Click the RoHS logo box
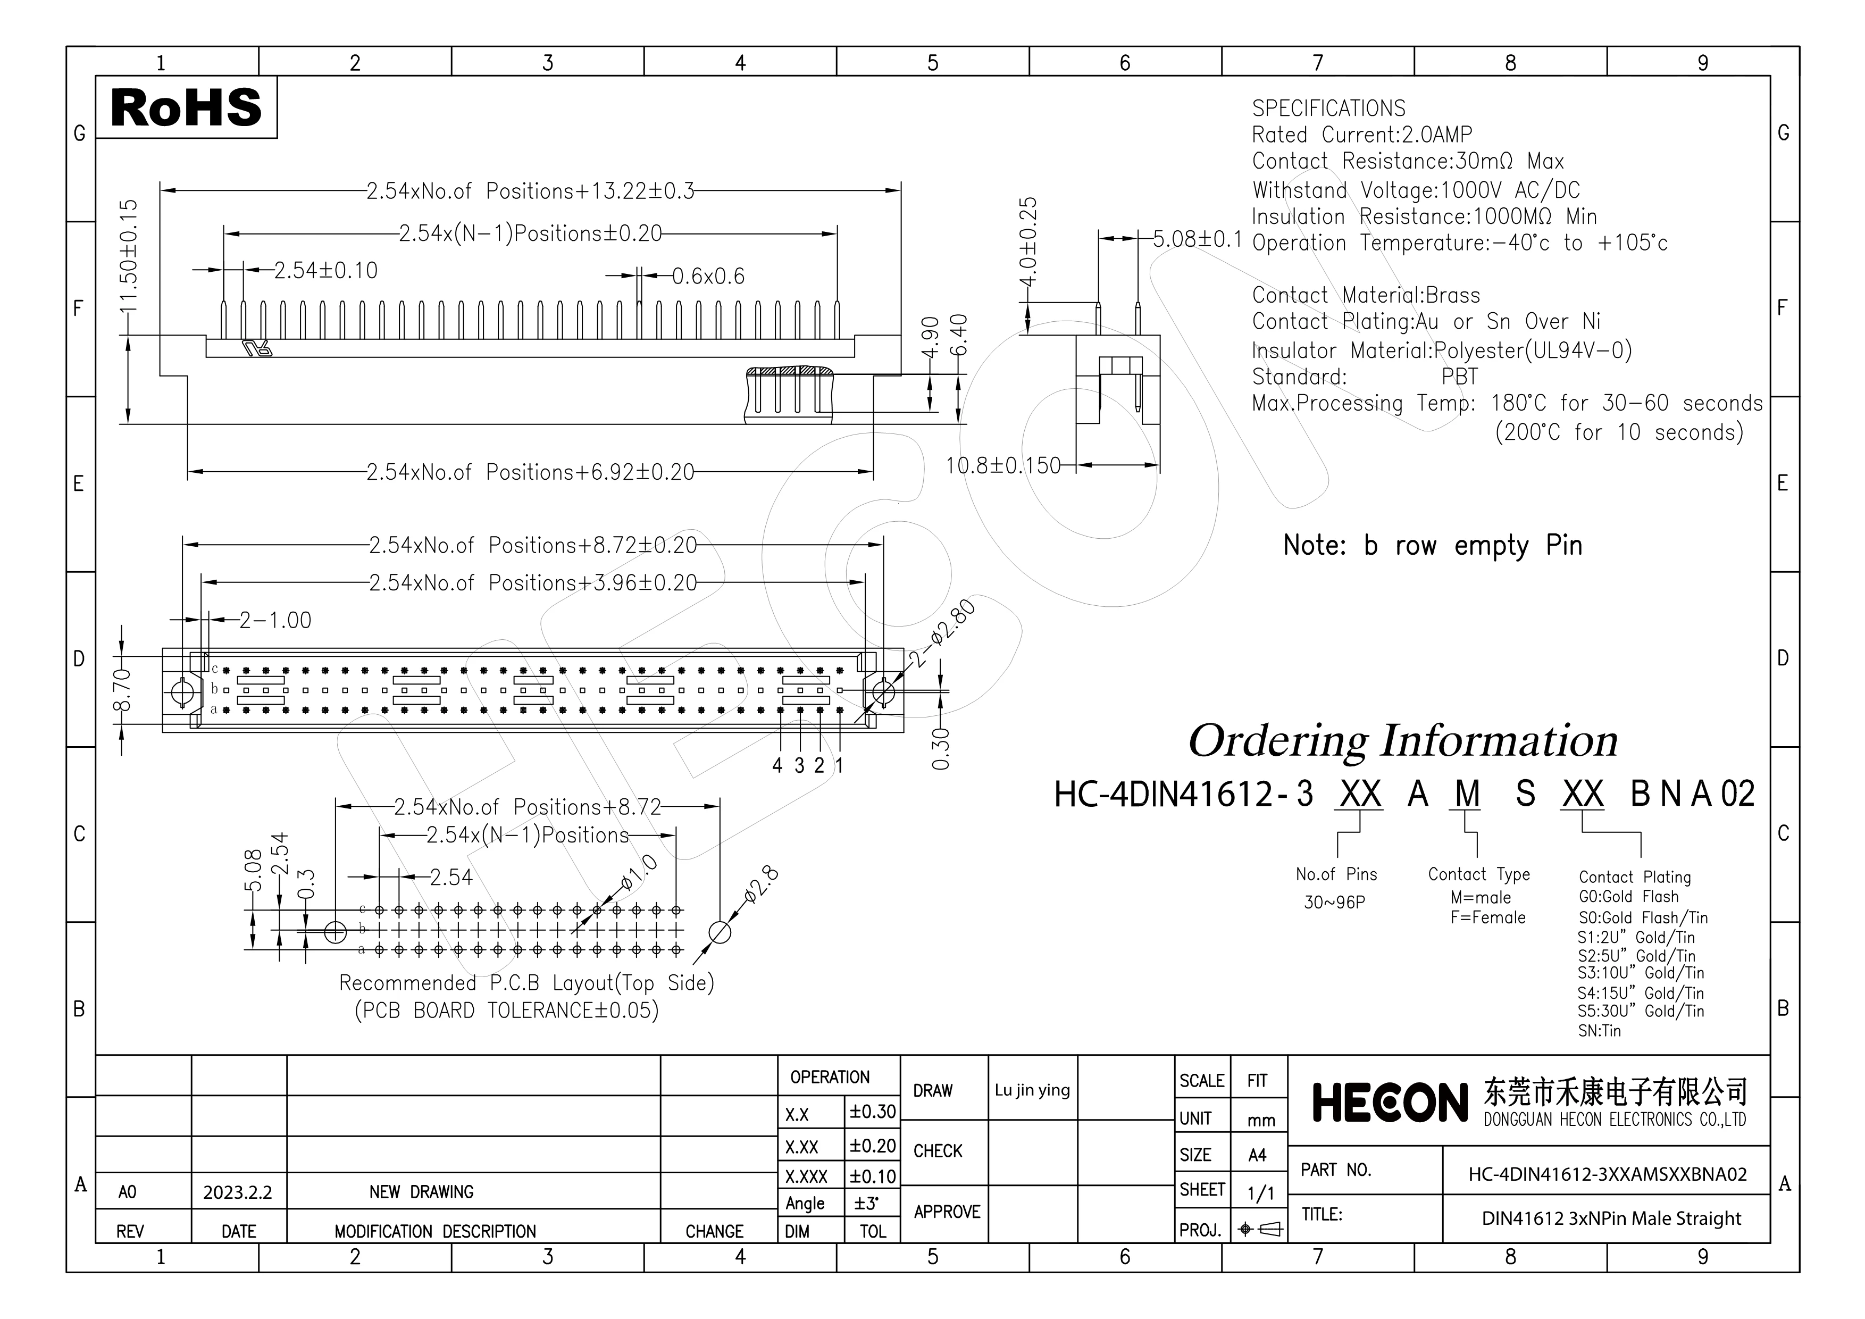[x=186, y=107]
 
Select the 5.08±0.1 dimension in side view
[x=1197, y=239]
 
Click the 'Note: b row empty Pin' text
[x=1432, y=545]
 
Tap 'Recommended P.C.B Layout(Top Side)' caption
[x=525, y=983]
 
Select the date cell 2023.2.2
[x=237, y=1192]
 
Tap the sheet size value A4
[x=1257, y=1155]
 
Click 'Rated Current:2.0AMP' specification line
[x=1361, y=135]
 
